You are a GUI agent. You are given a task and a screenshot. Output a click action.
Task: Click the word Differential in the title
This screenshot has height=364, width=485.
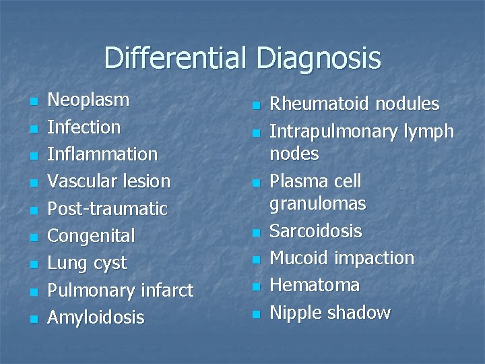coord(176,59)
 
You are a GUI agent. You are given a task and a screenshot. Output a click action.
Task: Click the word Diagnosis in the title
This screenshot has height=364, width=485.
coord(319,59)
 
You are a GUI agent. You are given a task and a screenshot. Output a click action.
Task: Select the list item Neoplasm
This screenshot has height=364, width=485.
coord(88,100)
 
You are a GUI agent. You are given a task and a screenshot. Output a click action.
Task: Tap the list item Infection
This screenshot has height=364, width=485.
coord(85,127)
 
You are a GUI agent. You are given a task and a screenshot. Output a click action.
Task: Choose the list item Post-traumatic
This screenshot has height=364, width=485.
coord(108,209)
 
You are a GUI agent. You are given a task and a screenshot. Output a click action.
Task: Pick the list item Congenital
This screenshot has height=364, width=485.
coord(92,236)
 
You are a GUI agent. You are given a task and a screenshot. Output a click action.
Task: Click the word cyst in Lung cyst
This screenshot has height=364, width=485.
coord(110,263)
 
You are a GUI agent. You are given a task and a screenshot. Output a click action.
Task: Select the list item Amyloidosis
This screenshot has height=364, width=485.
coord(96,317)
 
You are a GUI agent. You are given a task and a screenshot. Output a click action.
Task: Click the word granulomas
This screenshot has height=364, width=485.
coord(318,204)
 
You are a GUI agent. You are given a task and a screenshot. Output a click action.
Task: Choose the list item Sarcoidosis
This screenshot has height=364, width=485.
coord(316,231)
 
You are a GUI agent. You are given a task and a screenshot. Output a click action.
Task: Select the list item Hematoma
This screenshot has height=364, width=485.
coord(315,285)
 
